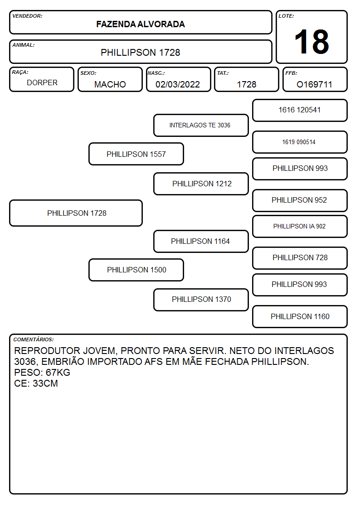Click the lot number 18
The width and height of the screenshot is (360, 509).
[311, 42]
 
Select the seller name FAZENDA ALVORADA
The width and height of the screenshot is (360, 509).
[141, 24]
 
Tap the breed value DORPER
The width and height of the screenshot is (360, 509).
[42, 83]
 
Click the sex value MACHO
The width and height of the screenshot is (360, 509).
[110, 84]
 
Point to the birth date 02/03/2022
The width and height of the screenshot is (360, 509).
[178, 84]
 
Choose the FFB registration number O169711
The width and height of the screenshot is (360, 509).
[314, 84]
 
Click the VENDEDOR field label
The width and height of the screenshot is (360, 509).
[27, 16]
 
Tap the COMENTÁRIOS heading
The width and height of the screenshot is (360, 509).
[34, 339]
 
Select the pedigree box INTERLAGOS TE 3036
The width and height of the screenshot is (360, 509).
[201, 125]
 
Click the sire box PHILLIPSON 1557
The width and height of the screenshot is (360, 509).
[136, 154]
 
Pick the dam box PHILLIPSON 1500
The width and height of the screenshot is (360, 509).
[136, 270]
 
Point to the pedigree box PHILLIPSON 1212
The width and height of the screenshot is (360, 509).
[201, 184]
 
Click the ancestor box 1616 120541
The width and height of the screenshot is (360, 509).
[300, 111]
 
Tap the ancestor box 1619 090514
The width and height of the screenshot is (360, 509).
[300, 142]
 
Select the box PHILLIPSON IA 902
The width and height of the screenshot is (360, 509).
[300, 227]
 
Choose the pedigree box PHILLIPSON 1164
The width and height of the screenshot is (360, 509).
[201, 242]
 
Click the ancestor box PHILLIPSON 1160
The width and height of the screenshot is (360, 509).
[300, 316]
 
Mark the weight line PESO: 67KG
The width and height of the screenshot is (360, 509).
[42, 372]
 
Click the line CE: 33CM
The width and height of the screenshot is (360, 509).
[36, 383]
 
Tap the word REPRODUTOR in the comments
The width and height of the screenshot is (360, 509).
[47, 350]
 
